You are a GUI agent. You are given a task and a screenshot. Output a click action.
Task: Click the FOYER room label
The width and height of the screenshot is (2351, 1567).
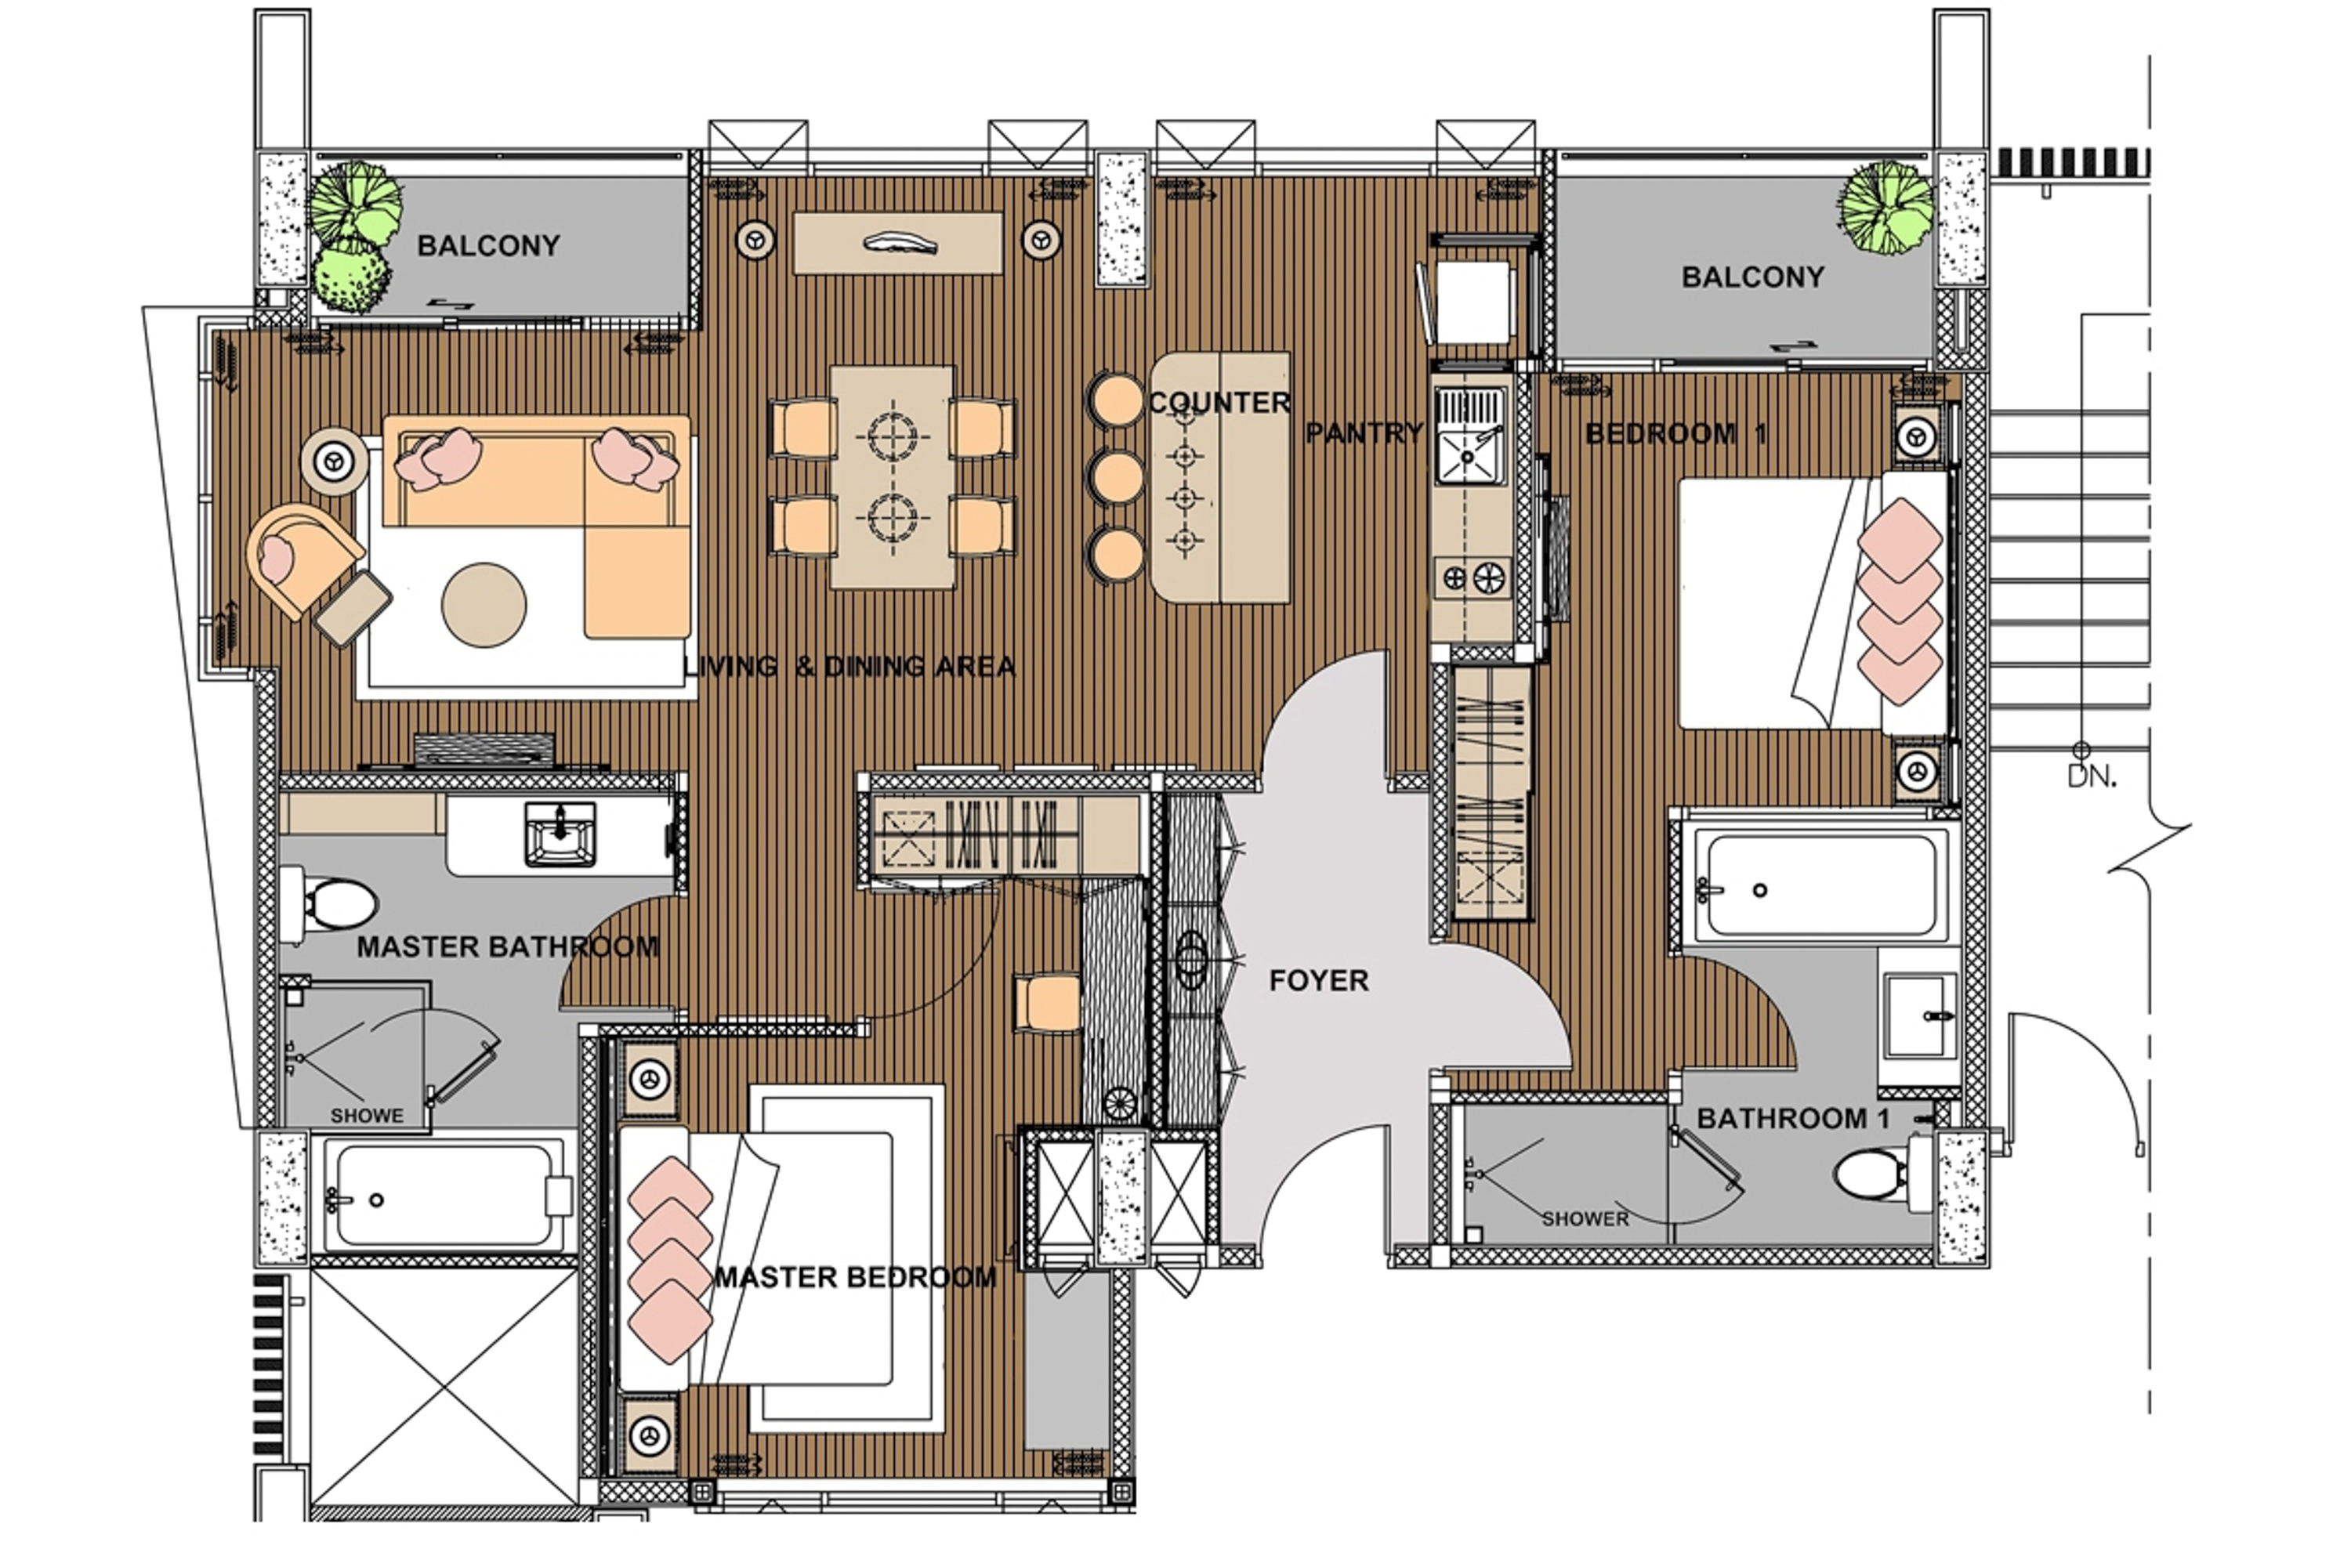click(1317, 980)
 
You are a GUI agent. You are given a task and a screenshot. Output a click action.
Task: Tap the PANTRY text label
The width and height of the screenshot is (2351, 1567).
click(1364, 432)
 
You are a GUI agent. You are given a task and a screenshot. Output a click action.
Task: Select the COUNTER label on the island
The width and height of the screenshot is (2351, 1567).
click(1219, 403)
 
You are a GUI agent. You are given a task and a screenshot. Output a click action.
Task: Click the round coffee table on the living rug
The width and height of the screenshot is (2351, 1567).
click(484, 605)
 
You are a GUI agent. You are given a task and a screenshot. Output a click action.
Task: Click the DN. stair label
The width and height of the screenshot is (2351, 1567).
click(2091, 776)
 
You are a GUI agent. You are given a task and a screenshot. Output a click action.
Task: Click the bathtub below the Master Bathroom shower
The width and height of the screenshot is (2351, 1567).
click(443, 1196)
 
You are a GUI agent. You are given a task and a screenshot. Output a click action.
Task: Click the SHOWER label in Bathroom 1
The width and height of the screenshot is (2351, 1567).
click(1585, 1218)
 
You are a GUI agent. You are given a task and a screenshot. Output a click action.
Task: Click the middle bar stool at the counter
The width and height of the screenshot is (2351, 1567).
click(1115, 478)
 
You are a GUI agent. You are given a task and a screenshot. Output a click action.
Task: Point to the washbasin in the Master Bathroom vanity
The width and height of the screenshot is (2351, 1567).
click(560, 834)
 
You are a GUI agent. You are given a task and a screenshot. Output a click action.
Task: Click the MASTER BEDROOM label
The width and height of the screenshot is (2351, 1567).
click(855, 1277)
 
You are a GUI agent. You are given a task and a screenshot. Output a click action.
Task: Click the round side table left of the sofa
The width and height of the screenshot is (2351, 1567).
click(334, 461)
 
